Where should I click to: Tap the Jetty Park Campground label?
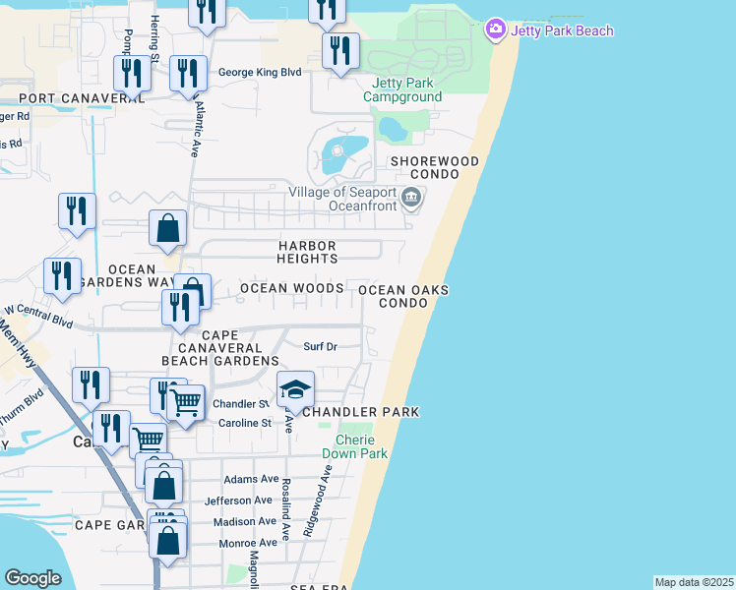[x=402, y=89]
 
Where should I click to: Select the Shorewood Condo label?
[x=434, y=167]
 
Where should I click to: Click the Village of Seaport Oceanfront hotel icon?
[x=411, y=200]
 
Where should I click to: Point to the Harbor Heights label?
[x=307, y=252]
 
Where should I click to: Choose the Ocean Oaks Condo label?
[x=403, y=296]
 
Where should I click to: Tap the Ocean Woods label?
[x=292, y=288]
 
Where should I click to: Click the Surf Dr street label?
[x=320, y=346]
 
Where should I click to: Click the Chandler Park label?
[x=360, y=411]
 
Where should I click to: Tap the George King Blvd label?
[x=259, y=72]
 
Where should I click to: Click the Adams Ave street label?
[x=251, y=479]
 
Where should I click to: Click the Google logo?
[x=32, y=578]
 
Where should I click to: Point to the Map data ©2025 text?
[x=694, y=582]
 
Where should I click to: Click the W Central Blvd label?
[x=39, y=315]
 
